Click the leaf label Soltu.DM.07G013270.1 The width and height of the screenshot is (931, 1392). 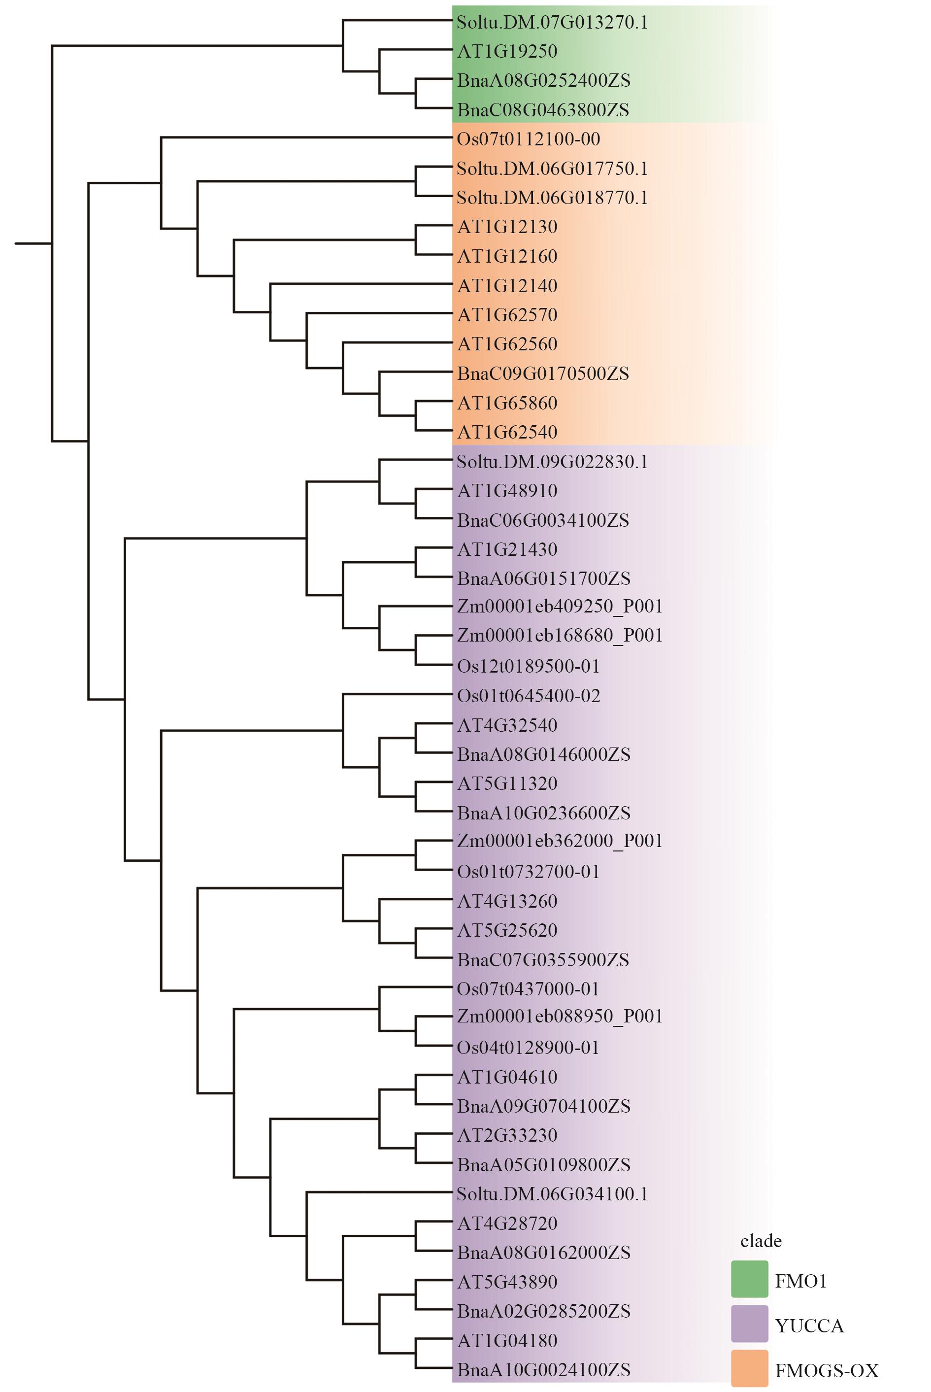(x=552, y=23)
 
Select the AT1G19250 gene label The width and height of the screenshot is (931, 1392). (x=507, y=52)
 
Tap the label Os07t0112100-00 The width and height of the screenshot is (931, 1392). (x=528, y=139)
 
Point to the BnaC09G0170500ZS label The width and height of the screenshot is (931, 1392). (x=543, y=373)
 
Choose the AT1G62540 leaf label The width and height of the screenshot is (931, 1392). (x=507, y=432)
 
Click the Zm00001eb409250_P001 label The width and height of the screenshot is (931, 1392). (x=559, y=607)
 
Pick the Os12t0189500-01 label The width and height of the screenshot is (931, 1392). (x=528, y=666)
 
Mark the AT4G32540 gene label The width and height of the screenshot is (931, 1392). (x=507, y=725)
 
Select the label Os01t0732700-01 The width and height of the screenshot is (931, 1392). (x=528, y=872)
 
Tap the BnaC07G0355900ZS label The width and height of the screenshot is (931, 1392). (x=543, y=960)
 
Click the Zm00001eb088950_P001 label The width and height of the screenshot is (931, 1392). (x=559, y=1016)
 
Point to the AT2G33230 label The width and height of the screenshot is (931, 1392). (x=507, y=1135)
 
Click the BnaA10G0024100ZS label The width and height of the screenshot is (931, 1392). (x=543, y=1370)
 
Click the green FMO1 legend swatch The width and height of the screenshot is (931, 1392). (x=749, y=1279)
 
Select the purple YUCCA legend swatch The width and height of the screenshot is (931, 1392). (x=749, y=1324)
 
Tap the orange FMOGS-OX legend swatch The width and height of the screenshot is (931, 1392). (x=749, y=1368)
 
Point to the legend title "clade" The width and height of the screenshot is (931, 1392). (x=761, y=1241)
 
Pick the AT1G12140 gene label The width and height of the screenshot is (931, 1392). (x=507, y=286)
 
